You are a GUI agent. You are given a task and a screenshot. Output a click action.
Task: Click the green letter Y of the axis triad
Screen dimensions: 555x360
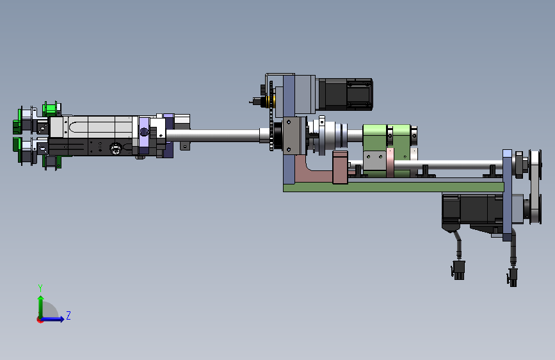tap(40, 288)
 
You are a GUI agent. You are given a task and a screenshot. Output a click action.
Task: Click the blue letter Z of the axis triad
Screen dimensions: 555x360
tap(68, 315)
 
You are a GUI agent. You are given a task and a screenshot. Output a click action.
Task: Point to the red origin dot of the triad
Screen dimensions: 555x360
tap(40, 320)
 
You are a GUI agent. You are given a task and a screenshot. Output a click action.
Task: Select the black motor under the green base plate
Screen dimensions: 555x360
tap(472, 212)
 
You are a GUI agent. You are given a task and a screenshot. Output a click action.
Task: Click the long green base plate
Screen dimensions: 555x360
tap(393, 187)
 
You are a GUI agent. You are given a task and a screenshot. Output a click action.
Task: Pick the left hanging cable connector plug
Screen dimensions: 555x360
tap(458, 270)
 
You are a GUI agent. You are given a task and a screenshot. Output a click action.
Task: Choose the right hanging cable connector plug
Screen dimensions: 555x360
tap(513, 277)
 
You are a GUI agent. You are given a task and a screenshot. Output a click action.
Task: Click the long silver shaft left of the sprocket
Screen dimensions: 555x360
tap(213, 135)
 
